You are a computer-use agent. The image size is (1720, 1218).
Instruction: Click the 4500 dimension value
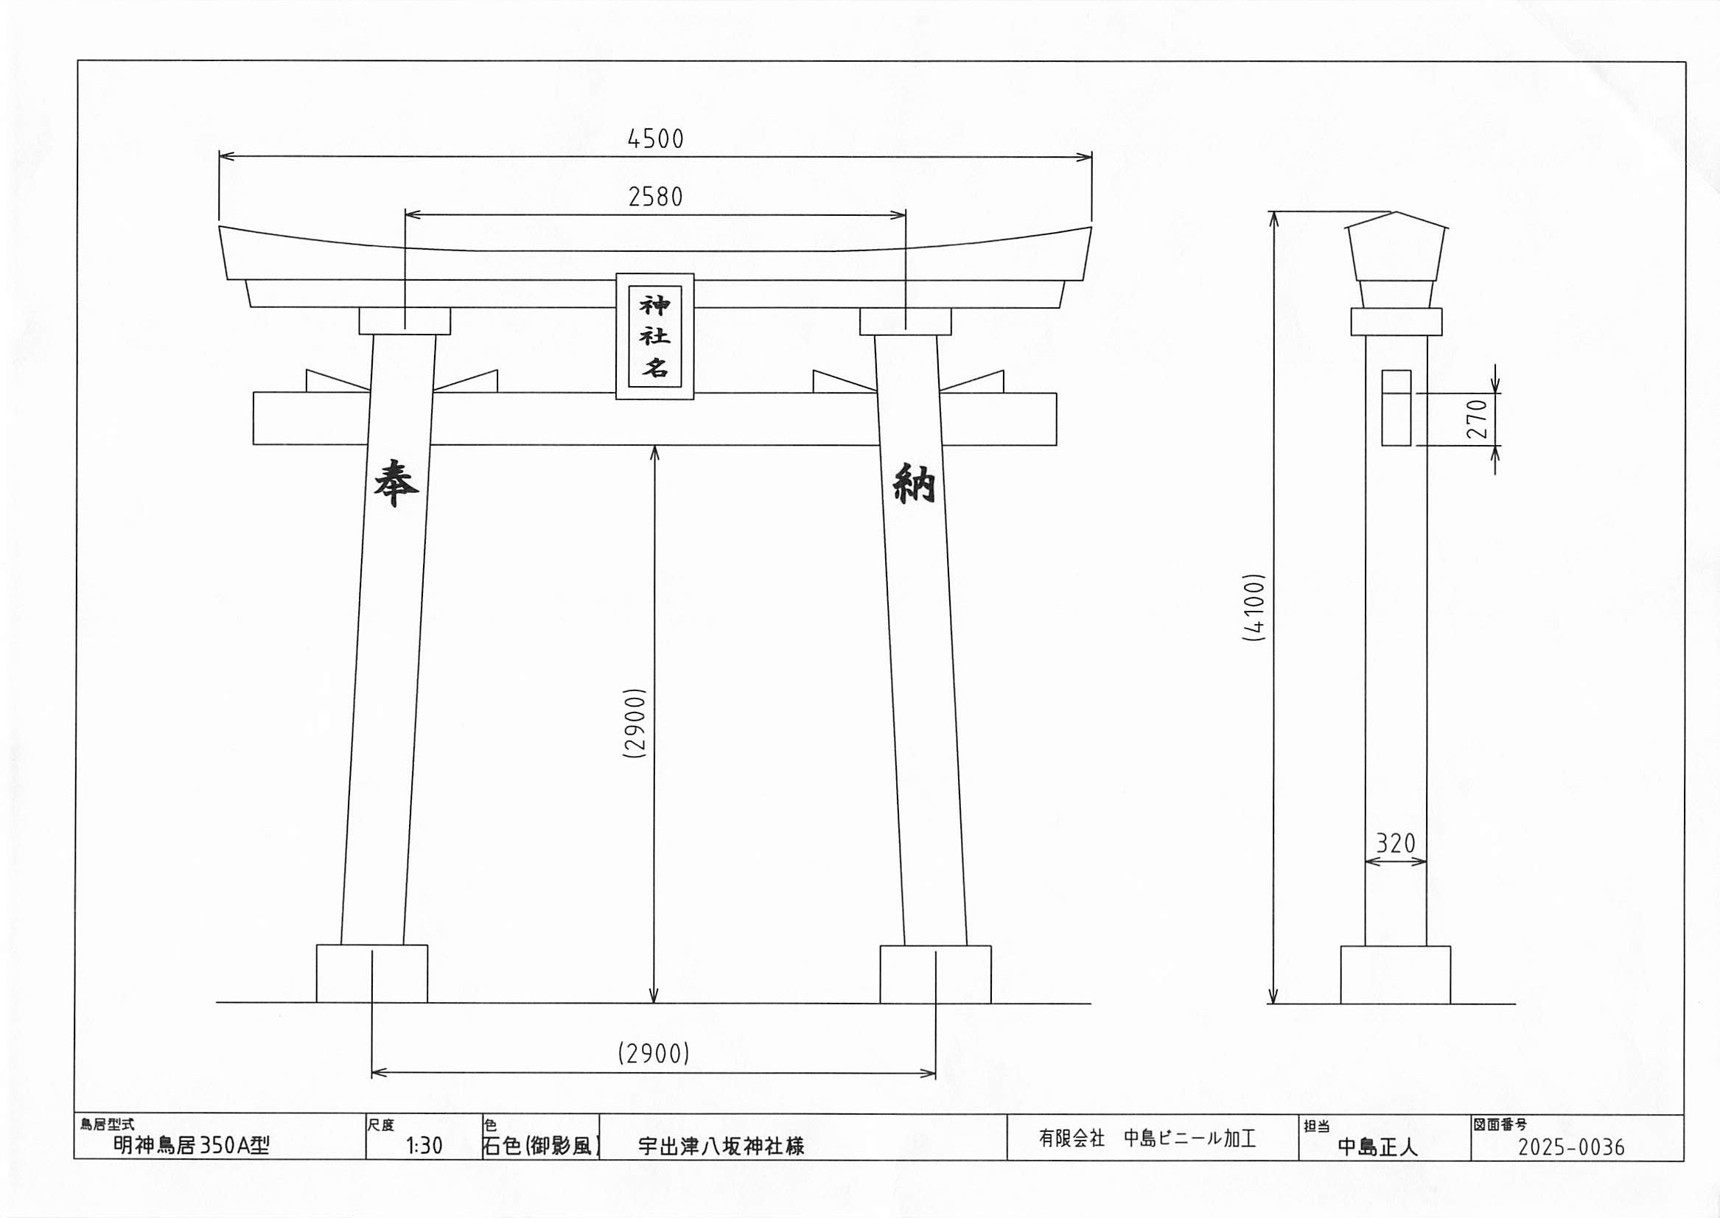656,139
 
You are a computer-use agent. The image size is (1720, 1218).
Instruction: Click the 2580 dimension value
656,197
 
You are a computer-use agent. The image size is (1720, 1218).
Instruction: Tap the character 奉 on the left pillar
396,484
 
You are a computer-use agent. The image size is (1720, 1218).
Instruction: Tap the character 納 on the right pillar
914,485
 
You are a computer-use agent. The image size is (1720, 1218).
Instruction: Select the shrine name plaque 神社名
655,336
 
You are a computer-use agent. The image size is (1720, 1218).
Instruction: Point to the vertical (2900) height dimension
634,724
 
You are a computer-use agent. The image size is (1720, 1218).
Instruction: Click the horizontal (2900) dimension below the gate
654,1054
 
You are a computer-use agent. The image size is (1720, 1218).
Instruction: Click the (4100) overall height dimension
1254,607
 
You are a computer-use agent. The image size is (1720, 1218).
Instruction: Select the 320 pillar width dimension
1395,844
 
